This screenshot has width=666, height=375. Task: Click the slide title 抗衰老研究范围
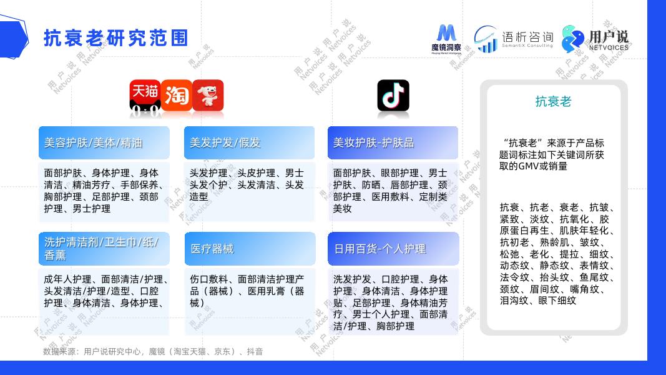click(x=115, y=37)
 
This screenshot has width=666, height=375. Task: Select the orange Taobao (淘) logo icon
click(x=176, y=96)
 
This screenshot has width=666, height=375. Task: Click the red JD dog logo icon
click(x=208, y=96)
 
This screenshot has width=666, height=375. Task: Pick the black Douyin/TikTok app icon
click(x=393, y=96)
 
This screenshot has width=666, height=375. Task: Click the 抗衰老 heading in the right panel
click(x=553, y=101)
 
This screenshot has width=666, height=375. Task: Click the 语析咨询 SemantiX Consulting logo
click(x=514, y=39)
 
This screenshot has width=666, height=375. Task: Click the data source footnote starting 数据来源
click(x=153, y=352)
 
